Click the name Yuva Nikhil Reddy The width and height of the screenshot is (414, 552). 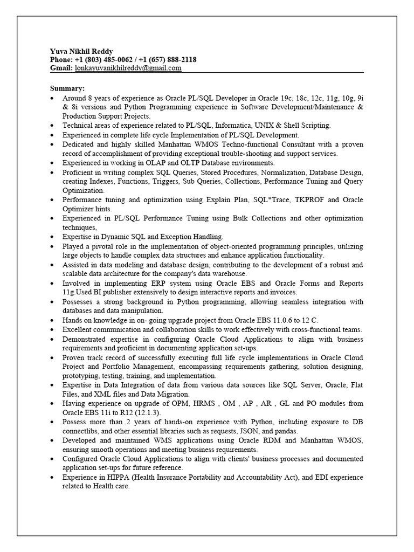(x=82, y=51)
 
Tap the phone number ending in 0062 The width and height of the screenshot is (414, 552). (x=102, y=60)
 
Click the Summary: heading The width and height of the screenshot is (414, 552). (x=67, y=88)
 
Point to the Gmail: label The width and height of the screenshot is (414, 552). (x=61, y=68)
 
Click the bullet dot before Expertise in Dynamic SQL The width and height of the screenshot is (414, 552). (x=51, y=237)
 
